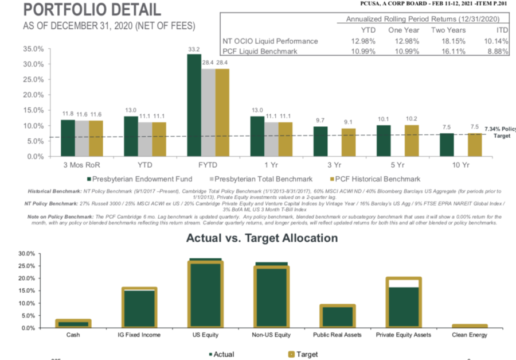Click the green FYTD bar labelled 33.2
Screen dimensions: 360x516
(193, 105)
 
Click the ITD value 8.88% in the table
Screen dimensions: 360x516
(498, 51)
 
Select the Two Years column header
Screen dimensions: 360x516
(448, 30)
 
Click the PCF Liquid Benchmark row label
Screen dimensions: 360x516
(261, 51)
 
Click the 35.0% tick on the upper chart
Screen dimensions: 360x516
(33, 49)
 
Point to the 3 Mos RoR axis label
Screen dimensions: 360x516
(82, 165)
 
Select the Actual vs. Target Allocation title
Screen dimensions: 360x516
(262, 238)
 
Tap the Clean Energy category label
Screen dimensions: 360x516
(470, 335)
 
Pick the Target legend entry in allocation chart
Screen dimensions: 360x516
(304, 354)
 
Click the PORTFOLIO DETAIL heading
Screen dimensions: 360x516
(91, 10)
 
